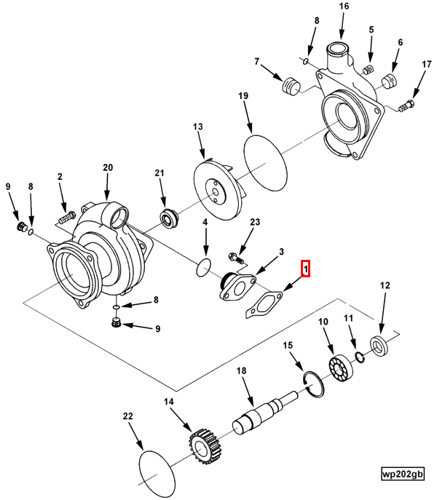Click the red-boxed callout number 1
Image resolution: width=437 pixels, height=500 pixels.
point(307,269)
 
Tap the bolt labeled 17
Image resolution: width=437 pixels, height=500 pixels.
point(406,108)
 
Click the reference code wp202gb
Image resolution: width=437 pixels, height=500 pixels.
point(402,473)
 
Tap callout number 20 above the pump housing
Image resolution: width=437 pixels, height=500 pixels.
point(108,168)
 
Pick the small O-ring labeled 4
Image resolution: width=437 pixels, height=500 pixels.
point(204,267)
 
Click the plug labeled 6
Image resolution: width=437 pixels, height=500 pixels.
point(390,79)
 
